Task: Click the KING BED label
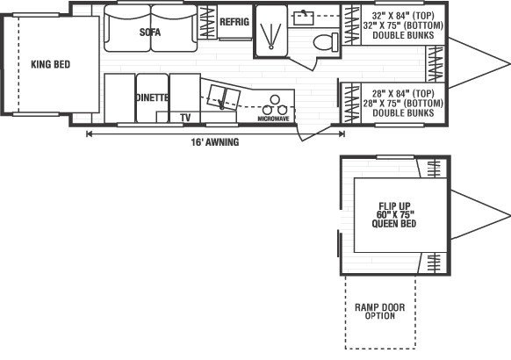(51, 64)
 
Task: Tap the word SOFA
(150, 32)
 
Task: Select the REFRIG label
(234, 22)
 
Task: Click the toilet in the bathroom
(326, 41)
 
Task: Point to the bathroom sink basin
(304, 18)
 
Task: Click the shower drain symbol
(271, 47)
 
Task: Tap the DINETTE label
(152, 97)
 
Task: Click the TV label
(185, 118)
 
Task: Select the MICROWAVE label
(273, 119)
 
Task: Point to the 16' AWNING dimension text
(215, 142)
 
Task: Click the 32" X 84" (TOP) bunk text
(403, 15)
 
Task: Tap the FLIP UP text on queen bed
(394, 206)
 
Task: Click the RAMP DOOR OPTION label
(380, 311)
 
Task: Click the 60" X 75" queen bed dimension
(395, 215)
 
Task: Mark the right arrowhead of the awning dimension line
(342, 133)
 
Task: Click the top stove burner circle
(275, 99)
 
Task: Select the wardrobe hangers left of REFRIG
(207, 23)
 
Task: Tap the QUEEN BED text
(394, 224)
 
